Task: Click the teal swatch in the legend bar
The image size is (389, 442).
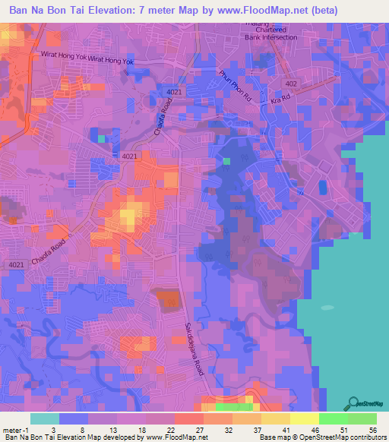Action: tap(45, 419)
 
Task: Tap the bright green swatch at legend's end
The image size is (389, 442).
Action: tap(362, 419)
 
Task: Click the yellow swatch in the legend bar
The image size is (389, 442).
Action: tap(305, 419)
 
